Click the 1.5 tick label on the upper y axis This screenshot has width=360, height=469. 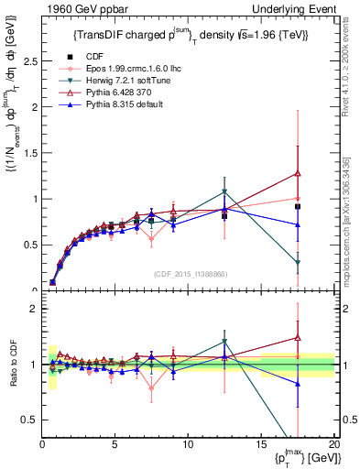(x=28, y=152)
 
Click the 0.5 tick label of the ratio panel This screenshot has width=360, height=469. (x=28, y=420)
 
